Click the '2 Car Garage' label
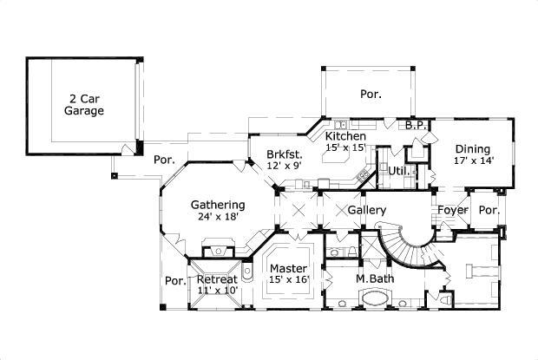click(x=83, y=105)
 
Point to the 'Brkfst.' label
click(x=284, y=154)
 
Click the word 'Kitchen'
click(x=344, y=137)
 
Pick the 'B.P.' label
click(x=414, y=127)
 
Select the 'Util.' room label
click(x=398, y=170)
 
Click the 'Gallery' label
click(x=366, y=211)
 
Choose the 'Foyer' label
click(x=451, y=210)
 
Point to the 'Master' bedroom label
click(x=287, y=268)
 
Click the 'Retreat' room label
click(x=217, y=279)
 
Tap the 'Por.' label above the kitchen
click(x=371, y=93)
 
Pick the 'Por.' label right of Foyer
click(x=489, y=210)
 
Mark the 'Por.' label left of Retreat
click(x=175, y=280)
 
